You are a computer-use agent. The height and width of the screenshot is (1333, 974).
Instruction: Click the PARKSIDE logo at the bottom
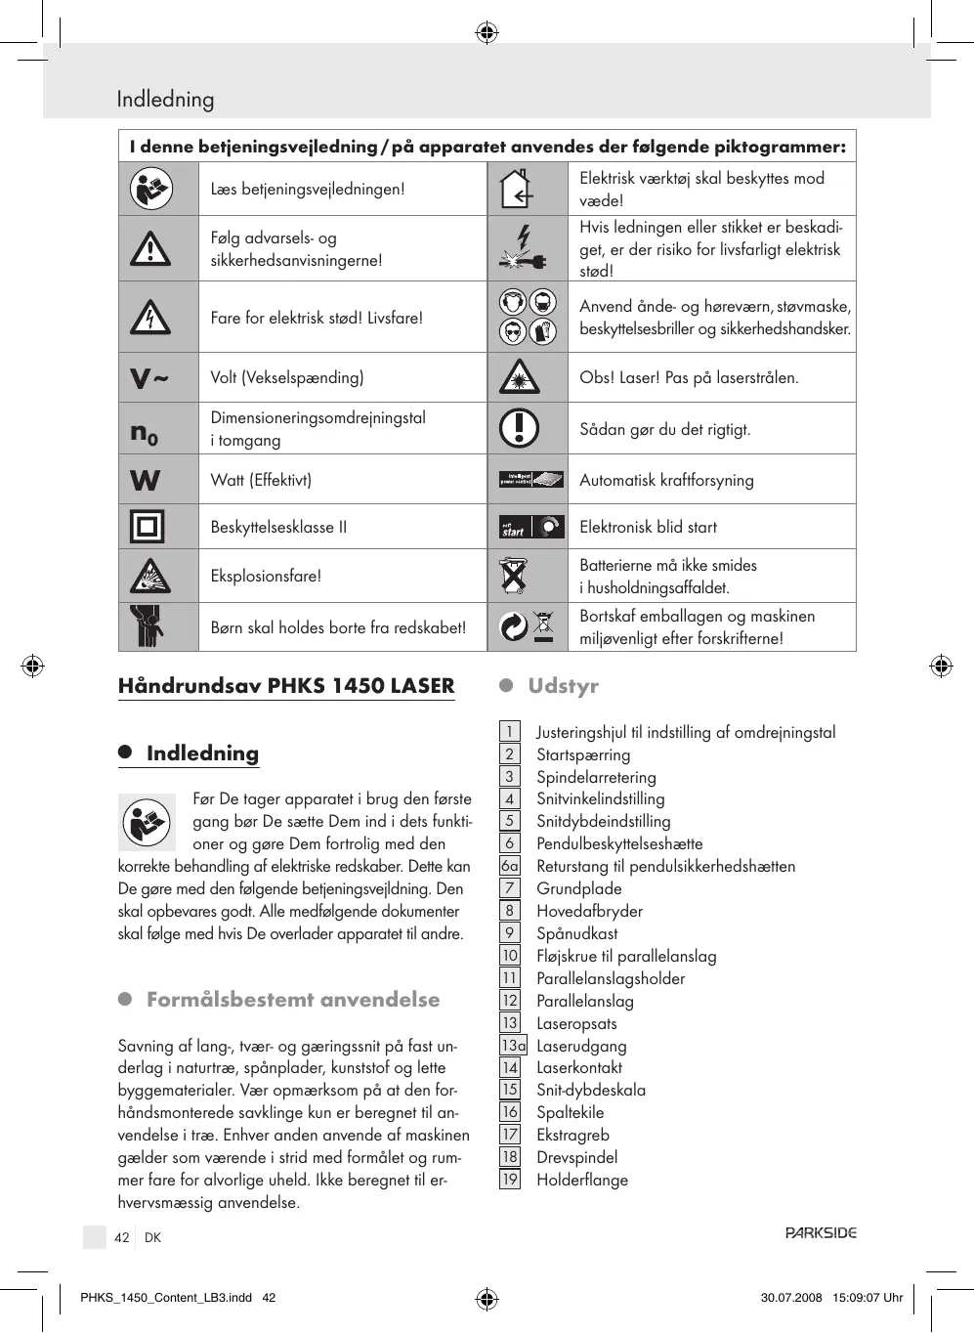coord(821,1233)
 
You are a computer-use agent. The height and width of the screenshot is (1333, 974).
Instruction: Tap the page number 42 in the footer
coord(121,1237)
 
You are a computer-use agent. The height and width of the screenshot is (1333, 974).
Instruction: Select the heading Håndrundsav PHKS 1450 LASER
coord(286,686)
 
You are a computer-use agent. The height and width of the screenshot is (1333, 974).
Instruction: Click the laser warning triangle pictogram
coord(520,377)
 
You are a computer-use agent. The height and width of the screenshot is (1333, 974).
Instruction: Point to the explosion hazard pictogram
coord(149,577)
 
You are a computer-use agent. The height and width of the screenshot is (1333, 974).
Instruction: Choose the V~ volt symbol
coord(148,378)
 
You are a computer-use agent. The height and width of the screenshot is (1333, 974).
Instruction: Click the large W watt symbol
coord(146,480)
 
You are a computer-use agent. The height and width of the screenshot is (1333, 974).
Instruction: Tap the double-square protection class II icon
coord(148,527)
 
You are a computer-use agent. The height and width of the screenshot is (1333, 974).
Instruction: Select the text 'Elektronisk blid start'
coord(648,527)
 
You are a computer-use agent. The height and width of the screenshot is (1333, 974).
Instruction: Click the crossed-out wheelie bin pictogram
coord(514,576)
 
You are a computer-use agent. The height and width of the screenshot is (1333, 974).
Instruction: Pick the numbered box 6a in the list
coord(510,866)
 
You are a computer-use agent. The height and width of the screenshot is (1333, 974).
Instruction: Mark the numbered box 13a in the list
coord(513,1046)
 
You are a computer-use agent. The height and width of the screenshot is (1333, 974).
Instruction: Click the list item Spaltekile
coord(570,1112)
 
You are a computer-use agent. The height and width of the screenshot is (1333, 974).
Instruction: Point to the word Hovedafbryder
coord(589,911)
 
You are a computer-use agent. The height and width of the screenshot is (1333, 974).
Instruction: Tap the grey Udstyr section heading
coord(563,686)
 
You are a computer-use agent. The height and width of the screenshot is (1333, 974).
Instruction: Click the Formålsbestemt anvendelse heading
coord(293,1000)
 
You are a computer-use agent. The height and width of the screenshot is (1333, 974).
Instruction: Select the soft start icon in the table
coord(531,528)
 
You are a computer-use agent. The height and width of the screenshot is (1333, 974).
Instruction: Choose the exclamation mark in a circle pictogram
coord(519,428)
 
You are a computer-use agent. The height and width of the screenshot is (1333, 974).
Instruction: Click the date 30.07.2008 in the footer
coord(791,1298)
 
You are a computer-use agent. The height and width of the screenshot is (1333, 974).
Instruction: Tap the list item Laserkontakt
coord(579,1067)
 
